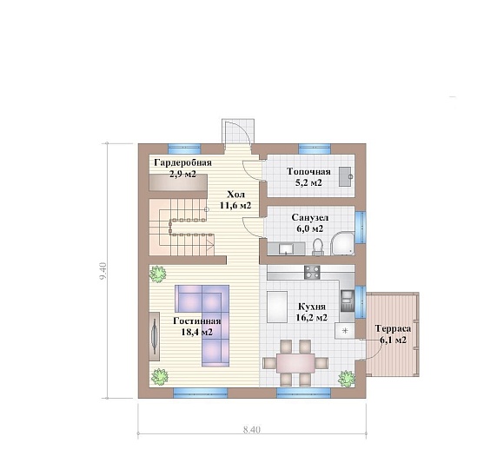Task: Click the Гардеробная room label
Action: [182, 163]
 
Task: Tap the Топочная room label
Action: [308, 172]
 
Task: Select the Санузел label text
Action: [310, 218]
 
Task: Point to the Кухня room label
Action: [312, 307]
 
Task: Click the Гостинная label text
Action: [197, 321]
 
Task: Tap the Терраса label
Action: [393, 328]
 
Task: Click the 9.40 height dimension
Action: [103, 271]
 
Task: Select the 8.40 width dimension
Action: [252, 430]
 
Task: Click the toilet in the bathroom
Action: [317, 247]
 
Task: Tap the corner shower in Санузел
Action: [342, 243]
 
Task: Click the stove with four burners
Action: [312, 272]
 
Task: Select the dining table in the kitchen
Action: [295, 363]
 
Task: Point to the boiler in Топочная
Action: [345, 177]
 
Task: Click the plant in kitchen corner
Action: [346, 379]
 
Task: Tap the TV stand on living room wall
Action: [155, 336]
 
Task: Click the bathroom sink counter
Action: [286, 248]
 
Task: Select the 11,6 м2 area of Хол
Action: [235, 205]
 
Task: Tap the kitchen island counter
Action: [277, 307]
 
